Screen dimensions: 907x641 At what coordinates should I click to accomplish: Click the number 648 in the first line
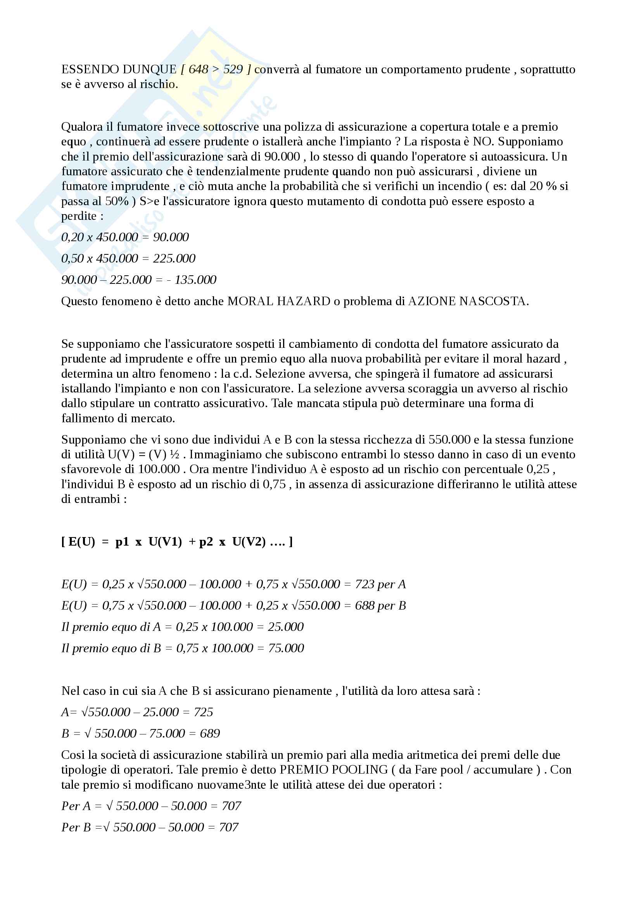pyautogui.click(x=198, y=69)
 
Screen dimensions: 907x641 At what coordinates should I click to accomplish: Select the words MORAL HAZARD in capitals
pyautogui.click(x=279, y=301)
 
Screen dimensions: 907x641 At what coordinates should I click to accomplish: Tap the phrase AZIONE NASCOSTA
pyautogui.click(x=468, y=301)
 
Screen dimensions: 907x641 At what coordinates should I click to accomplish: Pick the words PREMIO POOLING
pyautogui.click(x=334, y=769)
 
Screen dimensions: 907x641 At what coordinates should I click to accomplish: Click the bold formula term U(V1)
pyautogui.click(x=165, y=542)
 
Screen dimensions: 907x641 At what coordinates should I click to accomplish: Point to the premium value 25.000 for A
pyautogui.click(x=285, y=627)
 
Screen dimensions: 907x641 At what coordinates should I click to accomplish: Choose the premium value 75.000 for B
pyautogui.click(x=286, y=648)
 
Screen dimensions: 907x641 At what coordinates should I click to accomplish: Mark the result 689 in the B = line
pyautogui.click(x=210, y=734)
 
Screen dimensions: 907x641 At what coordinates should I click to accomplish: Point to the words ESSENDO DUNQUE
pyautogui.click(x=119, y=69)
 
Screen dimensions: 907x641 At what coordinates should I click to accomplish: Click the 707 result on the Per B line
pyautogui.click(x=229, y=827)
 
